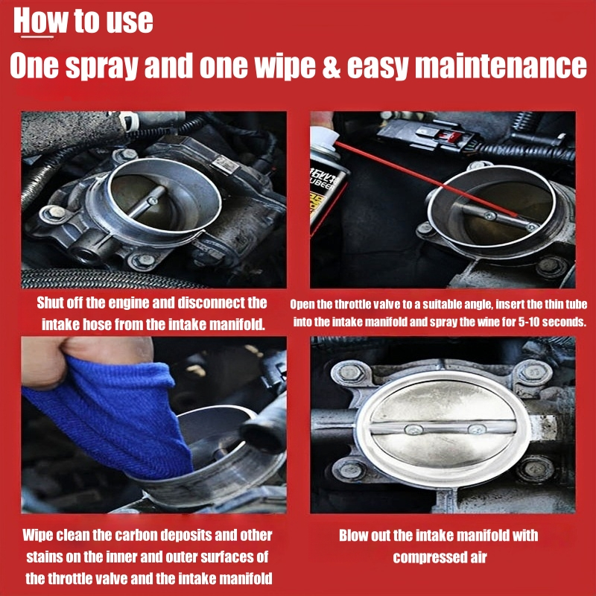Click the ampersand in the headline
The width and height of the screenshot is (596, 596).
click(332, 66)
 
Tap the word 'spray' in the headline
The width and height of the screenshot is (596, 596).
click(101, 68)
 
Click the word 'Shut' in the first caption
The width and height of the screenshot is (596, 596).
click(50, 302)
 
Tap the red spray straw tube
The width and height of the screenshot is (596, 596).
click(426, 178)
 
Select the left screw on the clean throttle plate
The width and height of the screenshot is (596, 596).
click(413, 430)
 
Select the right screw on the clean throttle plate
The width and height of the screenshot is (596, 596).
click(477, 429)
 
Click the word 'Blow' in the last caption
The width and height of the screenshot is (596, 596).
click(352, 536)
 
